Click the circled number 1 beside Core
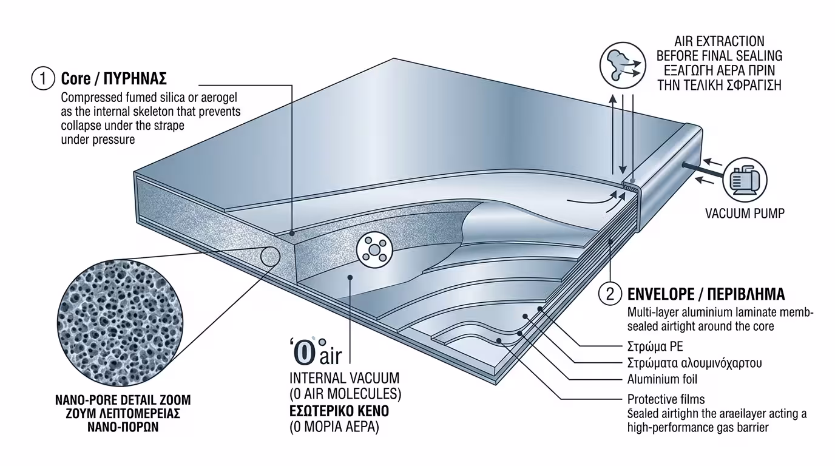(42, 79)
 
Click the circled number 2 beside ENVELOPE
(610, 294)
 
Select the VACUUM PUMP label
(745, 213)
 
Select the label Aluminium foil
(662, 380)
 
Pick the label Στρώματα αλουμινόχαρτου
(694, 363)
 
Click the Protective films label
(666, 399)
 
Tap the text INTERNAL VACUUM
(344, 378)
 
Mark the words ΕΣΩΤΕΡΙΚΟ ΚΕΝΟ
(339, 411)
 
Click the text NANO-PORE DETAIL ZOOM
(123, 400)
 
